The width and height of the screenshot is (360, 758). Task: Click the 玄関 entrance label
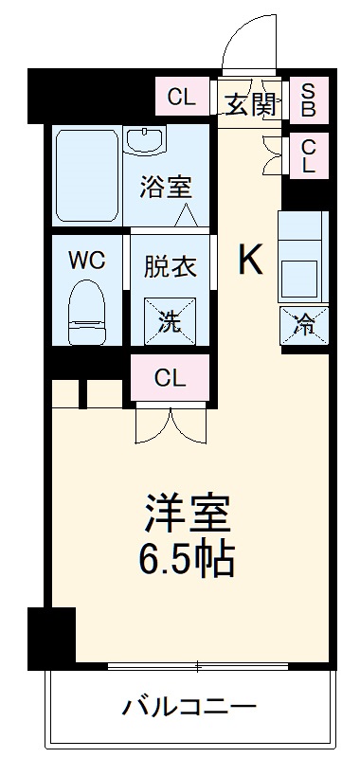[250, 103]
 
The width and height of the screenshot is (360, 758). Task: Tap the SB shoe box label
[309, 98]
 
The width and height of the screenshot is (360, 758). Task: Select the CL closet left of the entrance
[181, 96]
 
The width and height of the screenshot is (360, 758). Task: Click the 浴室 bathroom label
[166, 186]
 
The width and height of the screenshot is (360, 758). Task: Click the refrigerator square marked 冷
[303, 325]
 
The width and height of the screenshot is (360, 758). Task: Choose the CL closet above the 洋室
[171, 379]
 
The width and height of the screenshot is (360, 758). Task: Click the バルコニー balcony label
[189, 706]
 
